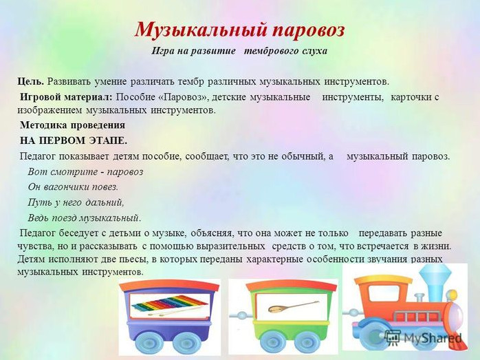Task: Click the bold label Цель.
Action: tap(31, 82)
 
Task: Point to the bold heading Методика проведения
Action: tap(73, 125)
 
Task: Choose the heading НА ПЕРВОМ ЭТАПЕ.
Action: tap(74, 140)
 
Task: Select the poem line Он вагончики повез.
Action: tap(73, 187)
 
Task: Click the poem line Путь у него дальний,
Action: tap(76, 202)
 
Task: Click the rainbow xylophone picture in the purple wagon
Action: tap(169, 305)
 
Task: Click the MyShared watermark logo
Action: tap(424, 337)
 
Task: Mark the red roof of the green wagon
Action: tap(291, 286)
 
